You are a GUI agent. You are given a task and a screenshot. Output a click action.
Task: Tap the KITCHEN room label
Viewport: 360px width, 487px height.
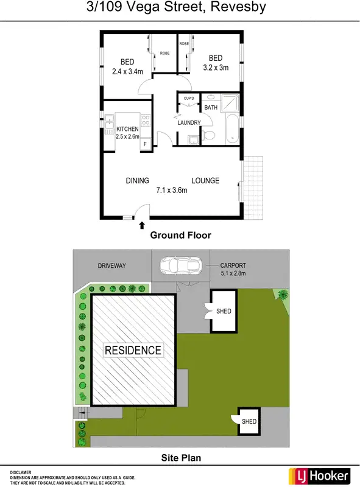[128, 129]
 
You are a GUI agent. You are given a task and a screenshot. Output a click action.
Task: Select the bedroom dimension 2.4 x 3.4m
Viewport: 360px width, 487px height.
[127, 71]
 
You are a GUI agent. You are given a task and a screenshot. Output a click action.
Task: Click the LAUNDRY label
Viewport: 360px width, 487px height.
[189, 123]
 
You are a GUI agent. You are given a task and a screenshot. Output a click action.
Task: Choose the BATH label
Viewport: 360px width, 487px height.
[211, 108]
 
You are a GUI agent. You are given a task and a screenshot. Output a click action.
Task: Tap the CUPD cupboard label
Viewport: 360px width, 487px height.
[189, 97]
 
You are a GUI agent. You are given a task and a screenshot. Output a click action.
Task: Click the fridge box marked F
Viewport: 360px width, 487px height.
[145, 145]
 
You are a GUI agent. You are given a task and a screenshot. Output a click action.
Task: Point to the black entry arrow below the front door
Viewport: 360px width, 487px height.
[142, 225]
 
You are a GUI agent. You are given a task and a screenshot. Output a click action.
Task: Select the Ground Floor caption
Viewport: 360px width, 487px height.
[180, 235]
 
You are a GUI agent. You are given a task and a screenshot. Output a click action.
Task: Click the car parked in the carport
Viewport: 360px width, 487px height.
[181, 265]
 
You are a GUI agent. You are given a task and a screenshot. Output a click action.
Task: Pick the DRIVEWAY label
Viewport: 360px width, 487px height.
[111, 265]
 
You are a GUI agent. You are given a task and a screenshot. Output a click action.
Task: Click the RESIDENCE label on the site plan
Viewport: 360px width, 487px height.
[133, 350]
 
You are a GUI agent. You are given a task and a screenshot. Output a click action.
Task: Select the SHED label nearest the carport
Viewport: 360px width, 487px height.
[224, 311]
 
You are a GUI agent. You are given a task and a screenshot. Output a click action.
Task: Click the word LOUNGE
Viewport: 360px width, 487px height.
[205, 181]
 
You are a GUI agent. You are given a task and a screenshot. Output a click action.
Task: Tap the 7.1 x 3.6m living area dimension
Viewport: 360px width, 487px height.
[172, 190]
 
